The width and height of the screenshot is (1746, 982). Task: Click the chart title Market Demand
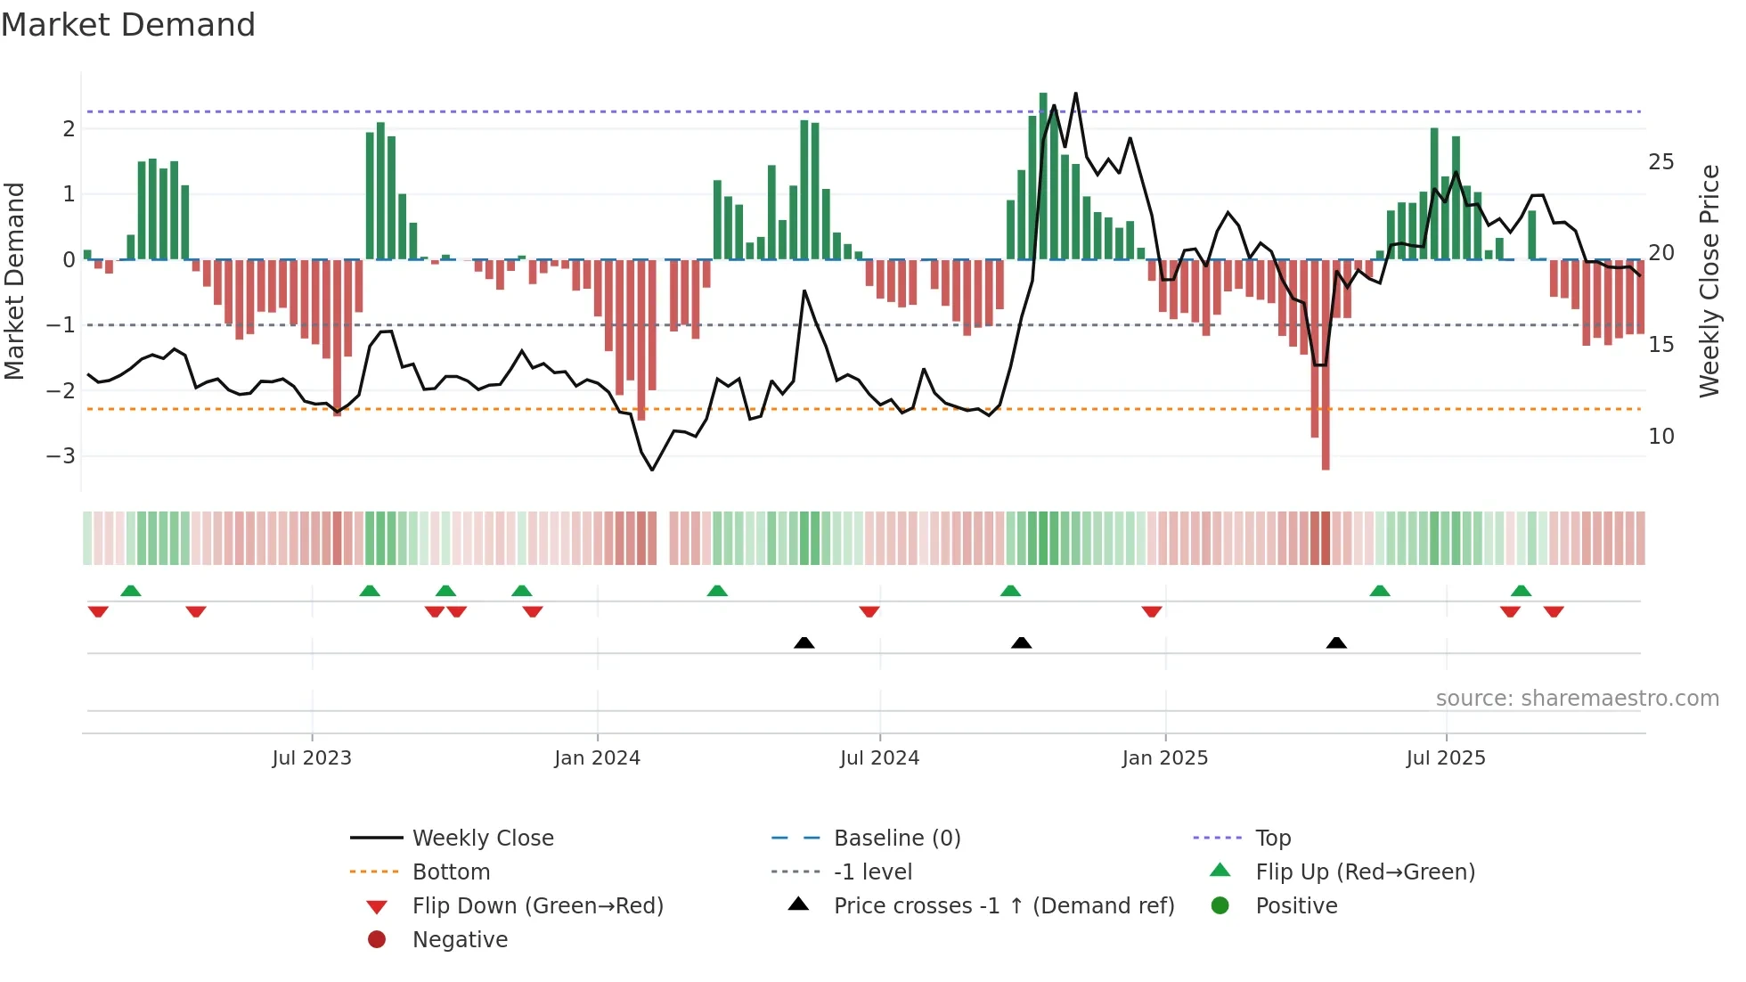pos(128,25)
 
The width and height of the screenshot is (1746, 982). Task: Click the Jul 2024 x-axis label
pos(879,758)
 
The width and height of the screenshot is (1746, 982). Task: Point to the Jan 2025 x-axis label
pos(1164,758)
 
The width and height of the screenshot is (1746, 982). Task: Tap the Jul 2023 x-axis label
pos(312,758)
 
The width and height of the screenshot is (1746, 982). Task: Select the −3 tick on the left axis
pos(61,456)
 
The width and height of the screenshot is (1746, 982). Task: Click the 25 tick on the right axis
pos(1660,162)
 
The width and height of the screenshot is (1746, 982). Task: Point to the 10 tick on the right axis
pos(1660,437)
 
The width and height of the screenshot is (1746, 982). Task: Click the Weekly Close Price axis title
pos(1709,281)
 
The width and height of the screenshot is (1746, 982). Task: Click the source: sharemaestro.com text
pos(1577,699)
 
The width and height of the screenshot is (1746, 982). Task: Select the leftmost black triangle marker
pos(804,642)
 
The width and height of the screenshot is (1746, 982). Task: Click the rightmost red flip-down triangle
pos(1554,611)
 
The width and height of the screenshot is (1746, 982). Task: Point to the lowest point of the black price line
pos(652,470)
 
